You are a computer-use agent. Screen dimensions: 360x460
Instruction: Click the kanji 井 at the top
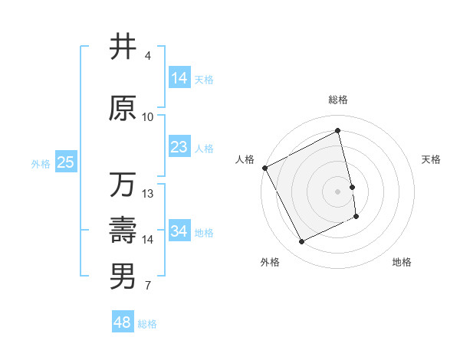(123, 47)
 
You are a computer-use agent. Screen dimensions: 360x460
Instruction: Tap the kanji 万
(123, 185)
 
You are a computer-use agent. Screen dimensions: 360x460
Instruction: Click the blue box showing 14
(179, 77)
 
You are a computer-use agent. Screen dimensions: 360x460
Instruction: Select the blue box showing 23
(179, 147)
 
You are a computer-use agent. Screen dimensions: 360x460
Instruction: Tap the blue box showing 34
(179, 231)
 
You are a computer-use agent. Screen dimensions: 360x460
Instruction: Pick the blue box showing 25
(65, 162)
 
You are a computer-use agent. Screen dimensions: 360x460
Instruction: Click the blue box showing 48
(123, 322)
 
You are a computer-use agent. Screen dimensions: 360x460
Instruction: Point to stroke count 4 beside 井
(148, 56)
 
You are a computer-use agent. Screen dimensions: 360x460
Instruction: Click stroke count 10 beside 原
(148, 117)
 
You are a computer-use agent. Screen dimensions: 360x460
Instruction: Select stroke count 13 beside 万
(148, 194)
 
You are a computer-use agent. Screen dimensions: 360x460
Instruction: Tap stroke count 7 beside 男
(148, 286)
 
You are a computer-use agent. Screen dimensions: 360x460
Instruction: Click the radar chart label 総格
(338, 100)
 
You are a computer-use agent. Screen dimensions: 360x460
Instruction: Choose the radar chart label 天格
(432, 159)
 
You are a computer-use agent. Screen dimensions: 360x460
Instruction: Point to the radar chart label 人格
(245, 159)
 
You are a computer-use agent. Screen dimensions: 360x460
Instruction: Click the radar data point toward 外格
(301, 242)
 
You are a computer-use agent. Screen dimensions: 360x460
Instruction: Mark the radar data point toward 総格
(338, 130)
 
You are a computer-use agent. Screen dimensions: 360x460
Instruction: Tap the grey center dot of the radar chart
(338, 191)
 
